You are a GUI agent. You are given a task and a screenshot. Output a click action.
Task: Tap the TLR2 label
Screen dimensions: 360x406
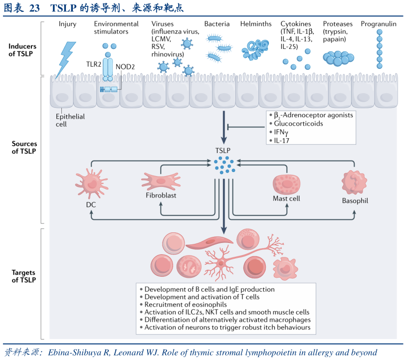pos(94,65)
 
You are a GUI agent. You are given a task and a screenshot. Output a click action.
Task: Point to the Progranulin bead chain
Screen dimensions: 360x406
pos(380,49)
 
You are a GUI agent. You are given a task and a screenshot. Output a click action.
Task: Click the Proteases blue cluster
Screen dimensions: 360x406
pos(337,57)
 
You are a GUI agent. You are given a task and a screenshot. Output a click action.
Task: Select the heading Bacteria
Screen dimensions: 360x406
pos(217,24)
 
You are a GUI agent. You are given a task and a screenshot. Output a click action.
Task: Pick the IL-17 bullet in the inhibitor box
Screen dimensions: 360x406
pos(282,140)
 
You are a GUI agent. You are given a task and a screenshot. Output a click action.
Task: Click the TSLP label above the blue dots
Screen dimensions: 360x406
pos(223,150)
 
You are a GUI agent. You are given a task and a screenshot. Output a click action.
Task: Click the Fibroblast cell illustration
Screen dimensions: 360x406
pos(160,180)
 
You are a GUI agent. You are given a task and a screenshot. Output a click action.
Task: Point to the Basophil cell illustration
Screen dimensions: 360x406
pos(355,182)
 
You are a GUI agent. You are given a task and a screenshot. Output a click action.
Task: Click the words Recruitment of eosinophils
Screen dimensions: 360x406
pos(186,304)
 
